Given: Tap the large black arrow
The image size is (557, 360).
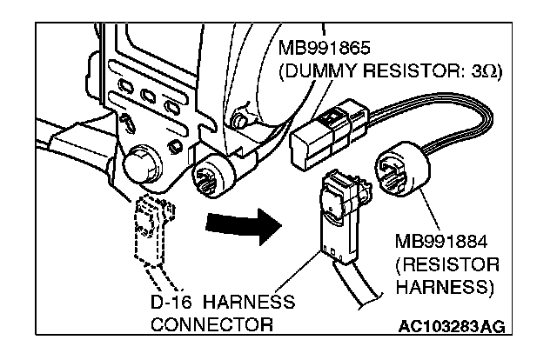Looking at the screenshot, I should click(x=244, y=226).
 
